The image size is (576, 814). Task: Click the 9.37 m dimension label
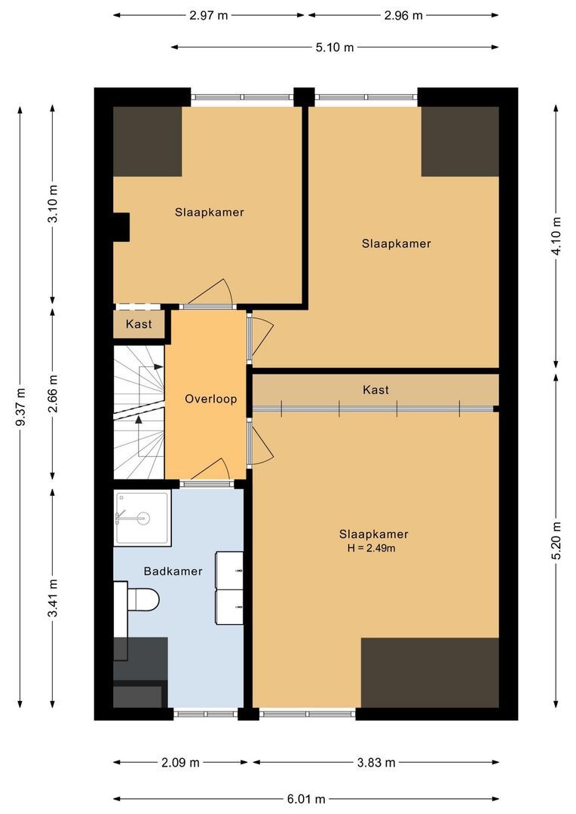point(21,407)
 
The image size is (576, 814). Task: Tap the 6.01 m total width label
point(306,799)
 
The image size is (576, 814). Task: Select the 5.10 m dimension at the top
point(335,47)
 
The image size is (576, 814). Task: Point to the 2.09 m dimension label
point(180,762)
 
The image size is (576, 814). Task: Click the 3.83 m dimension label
point(375,762)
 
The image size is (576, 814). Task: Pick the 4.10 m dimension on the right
point(556,237)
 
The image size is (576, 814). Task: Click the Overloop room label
point(211,399)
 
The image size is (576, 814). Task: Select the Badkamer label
point(173,571)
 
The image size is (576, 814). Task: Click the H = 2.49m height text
point(371,549)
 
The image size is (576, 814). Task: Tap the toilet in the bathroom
point(142,600)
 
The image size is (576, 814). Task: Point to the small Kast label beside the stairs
point(139,324)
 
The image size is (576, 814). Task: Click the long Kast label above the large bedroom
point(375,390)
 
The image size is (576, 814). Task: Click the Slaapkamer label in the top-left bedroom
point(209,212)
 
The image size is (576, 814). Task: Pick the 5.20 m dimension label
point(556,541)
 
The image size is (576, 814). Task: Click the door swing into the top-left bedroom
point(214,292)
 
